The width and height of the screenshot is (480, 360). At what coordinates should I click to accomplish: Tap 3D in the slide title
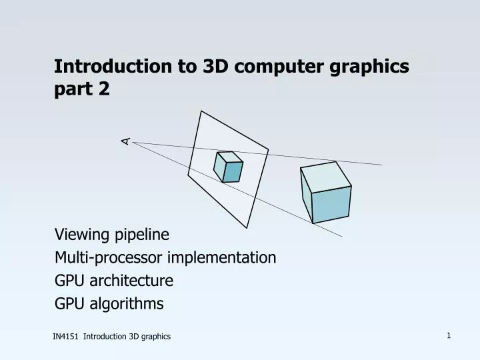(215, 66)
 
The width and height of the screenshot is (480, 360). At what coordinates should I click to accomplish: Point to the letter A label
(125, 141)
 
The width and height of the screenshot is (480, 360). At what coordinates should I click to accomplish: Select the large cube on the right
(326, 192)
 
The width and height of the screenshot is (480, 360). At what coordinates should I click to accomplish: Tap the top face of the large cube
(325, 177)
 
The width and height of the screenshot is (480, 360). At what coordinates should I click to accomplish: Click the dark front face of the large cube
(332, 205)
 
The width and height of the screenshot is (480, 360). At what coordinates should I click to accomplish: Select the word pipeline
(141, 235)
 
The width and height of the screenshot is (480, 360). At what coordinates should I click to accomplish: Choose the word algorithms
(127, 304)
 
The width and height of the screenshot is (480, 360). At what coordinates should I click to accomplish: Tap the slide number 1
(449, 336)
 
